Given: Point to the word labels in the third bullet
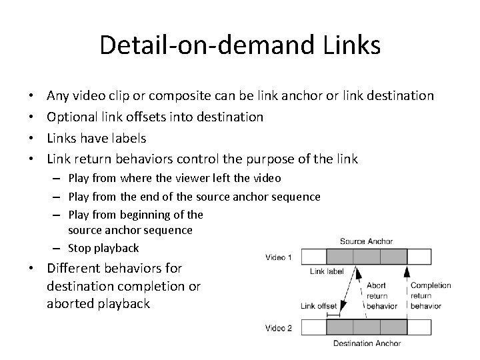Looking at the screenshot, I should tap(125, 138).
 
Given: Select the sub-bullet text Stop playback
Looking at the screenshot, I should tap(103, 247).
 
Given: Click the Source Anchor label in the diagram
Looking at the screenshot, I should tap(366, 241).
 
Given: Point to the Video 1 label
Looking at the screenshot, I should tap(278, 257).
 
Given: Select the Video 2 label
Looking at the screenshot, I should tap(278, 327).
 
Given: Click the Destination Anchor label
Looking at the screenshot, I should tap(366, 344).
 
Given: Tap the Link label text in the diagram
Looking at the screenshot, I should tap(327, 272).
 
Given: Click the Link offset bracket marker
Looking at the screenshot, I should tap(332, 313).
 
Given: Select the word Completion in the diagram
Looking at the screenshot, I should tap(431, 286).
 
